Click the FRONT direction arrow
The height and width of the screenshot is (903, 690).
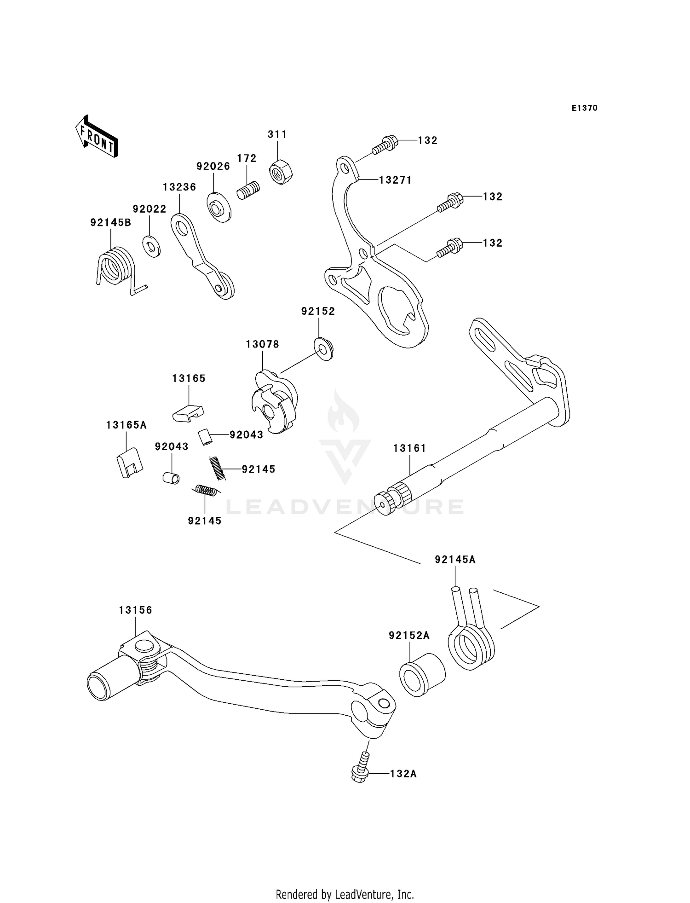(97, 137)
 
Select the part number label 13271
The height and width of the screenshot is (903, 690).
(395, 180)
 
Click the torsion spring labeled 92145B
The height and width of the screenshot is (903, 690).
(115, 267)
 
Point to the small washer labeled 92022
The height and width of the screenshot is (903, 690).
(151, 246)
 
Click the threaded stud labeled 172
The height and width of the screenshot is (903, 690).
(248, 190)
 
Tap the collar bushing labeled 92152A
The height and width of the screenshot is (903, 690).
(421, 675)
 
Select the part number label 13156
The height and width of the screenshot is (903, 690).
(135, 610)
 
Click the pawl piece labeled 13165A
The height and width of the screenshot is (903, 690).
(129, 463)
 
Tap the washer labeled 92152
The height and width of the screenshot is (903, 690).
(324, 348)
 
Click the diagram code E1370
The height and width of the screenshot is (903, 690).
(584, 108)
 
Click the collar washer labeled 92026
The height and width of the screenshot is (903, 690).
(218, 207)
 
